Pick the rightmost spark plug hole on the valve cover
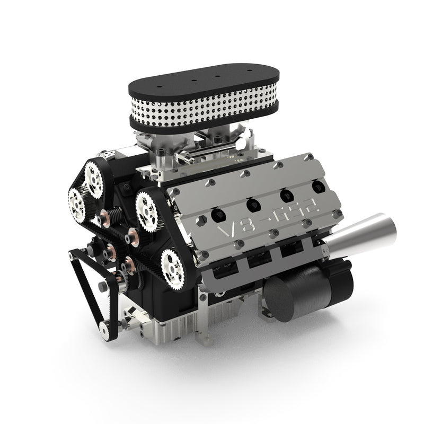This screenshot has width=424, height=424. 317,187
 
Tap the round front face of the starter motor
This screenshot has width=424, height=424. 281,300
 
